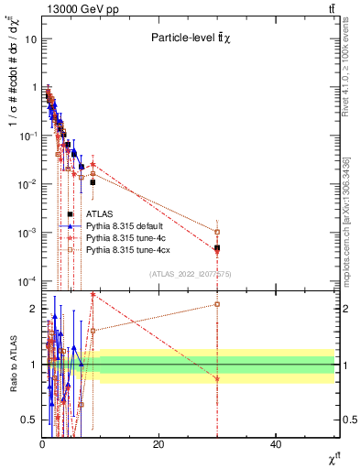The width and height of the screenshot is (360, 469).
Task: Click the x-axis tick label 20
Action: point(158,444)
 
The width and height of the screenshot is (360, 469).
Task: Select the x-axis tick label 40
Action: point(276,444)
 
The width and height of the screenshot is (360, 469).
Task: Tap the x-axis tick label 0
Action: point(42,444)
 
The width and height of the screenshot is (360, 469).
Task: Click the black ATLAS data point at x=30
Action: point(217,248)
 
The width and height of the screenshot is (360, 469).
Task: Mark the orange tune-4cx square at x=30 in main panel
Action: point(217,232)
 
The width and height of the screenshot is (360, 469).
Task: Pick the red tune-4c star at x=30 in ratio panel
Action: point(217,378)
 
